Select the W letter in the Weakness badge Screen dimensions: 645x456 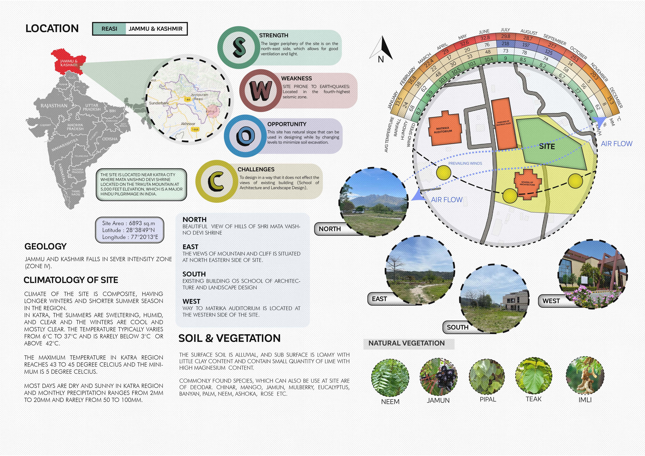coord(260,90)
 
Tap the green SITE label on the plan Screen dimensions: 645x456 coord(547,146)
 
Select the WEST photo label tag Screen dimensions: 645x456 coord(551,301)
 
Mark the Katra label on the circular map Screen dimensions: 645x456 coord(210,111)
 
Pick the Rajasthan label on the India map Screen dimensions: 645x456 coord(54,106)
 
